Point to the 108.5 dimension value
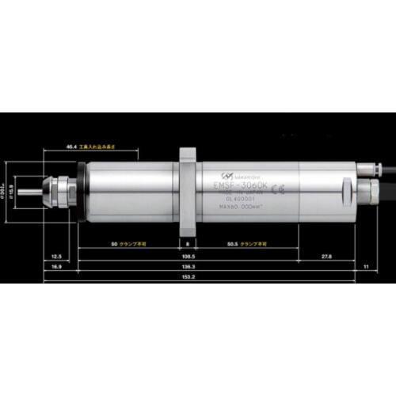pos(188,257)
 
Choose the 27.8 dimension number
pos(326,257)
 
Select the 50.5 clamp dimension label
pos(232,244)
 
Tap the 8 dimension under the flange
pos(187,244)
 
